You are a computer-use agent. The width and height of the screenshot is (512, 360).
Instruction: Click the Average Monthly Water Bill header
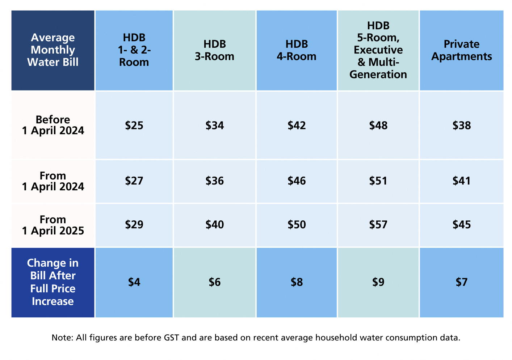[53, 50]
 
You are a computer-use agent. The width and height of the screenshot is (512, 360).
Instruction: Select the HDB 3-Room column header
[214, 50]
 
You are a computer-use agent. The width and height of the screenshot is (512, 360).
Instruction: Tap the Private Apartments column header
[461, 50]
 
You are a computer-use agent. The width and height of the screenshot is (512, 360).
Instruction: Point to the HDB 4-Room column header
[297, 50]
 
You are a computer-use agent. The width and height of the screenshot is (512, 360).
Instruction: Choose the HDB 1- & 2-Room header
[134, 50]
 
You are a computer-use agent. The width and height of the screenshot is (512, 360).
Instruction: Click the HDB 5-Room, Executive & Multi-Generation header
[378, 50]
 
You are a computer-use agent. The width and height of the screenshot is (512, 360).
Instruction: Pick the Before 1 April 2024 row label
[53, 125]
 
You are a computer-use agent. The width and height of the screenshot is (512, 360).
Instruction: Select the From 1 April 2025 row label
[53, 225]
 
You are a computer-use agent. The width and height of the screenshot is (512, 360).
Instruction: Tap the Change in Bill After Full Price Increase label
[53, 282]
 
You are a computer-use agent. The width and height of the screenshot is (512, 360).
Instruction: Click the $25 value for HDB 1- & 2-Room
[134, 126]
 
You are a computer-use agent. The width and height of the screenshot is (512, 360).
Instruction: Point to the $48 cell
[378, 126]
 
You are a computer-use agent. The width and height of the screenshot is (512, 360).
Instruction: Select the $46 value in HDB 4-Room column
[297, 181]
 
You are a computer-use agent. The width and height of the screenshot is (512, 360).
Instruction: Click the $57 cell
[378, 225]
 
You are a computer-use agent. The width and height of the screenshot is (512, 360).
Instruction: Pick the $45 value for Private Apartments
[461, 225]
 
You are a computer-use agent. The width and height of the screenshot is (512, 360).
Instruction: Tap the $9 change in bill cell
[378, 282]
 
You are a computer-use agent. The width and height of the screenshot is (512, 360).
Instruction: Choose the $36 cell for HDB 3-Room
[214, 181]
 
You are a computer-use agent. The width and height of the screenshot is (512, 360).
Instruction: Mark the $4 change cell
[134, 282]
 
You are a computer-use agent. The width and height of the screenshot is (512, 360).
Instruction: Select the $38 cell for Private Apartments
[461, 126]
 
